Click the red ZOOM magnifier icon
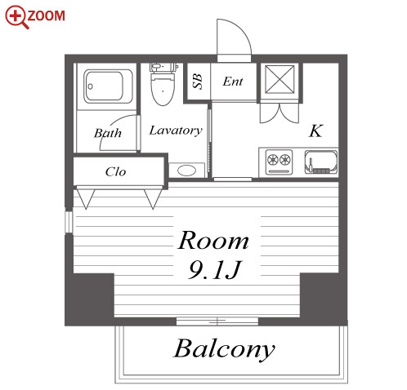16,17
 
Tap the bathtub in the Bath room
108,86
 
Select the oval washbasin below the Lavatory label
186,171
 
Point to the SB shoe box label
198,82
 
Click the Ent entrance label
233,82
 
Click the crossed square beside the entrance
280,79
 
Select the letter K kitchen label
315,131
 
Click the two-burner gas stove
279,162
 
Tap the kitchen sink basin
321,162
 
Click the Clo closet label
115,171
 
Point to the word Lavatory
176,131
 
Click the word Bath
108,133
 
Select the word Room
213,241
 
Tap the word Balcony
225,349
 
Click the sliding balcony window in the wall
217,321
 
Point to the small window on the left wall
69,222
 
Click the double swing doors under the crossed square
280,113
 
